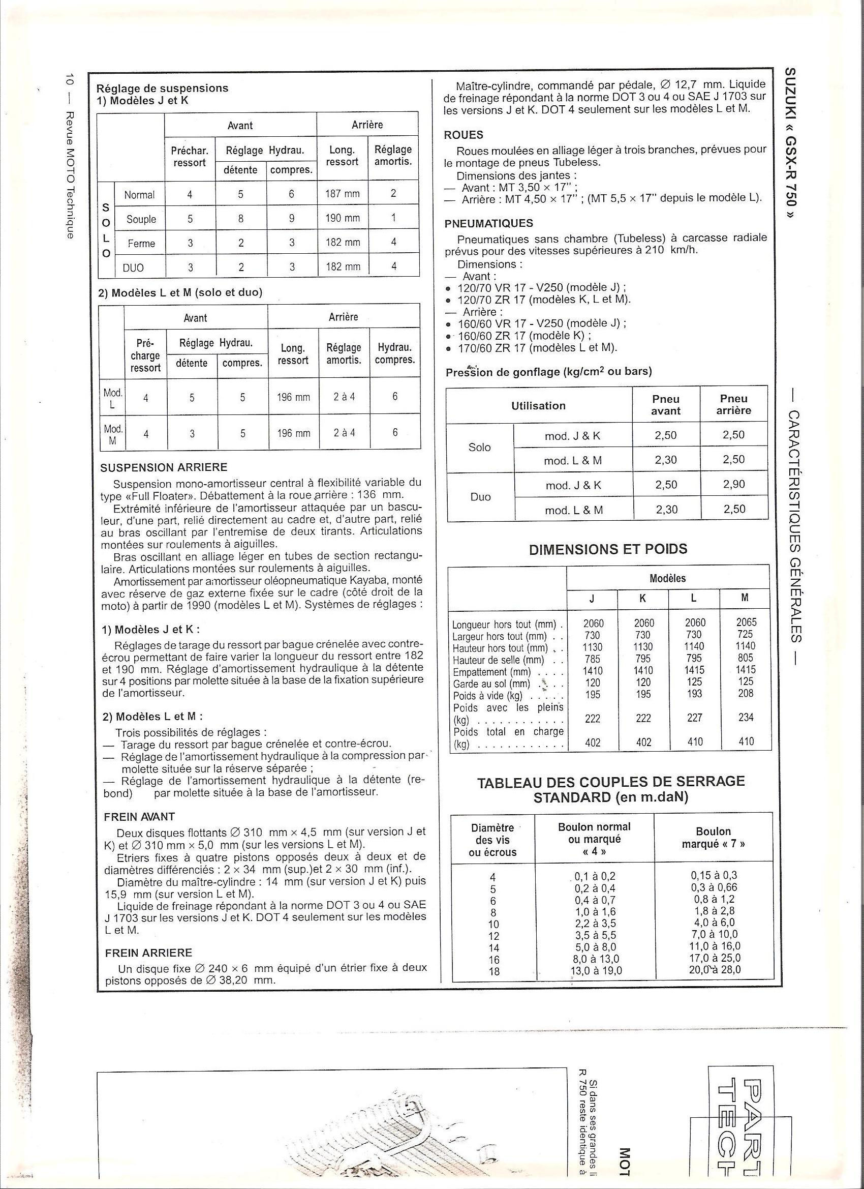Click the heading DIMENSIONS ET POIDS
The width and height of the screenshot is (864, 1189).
coord(608,549)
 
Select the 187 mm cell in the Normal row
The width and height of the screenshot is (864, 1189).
coord(342,194)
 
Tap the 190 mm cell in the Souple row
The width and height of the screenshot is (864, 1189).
coord(342,218)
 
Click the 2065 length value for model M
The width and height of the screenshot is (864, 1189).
coord(746,623)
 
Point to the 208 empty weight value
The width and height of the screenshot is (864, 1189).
coord(746,694)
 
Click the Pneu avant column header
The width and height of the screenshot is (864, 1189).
coord(665,405)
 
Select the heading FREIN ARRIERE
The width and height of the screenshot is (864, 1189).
coord(149,953)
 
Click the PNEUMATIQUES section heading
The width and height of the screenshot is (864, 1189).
coord(488,223)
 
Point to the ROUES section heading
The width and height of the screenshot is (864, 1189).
coord(463,135)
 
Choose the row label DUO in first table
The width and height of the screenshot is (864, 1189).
coord(133,268)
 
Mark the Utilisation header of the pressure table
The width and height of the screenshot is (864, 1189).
coord(539,406)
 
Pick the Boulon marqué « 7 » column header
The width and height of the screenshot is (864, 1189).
coord(713,838)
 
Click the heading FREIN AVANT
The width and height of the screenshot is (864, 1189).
coord(139,817)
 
